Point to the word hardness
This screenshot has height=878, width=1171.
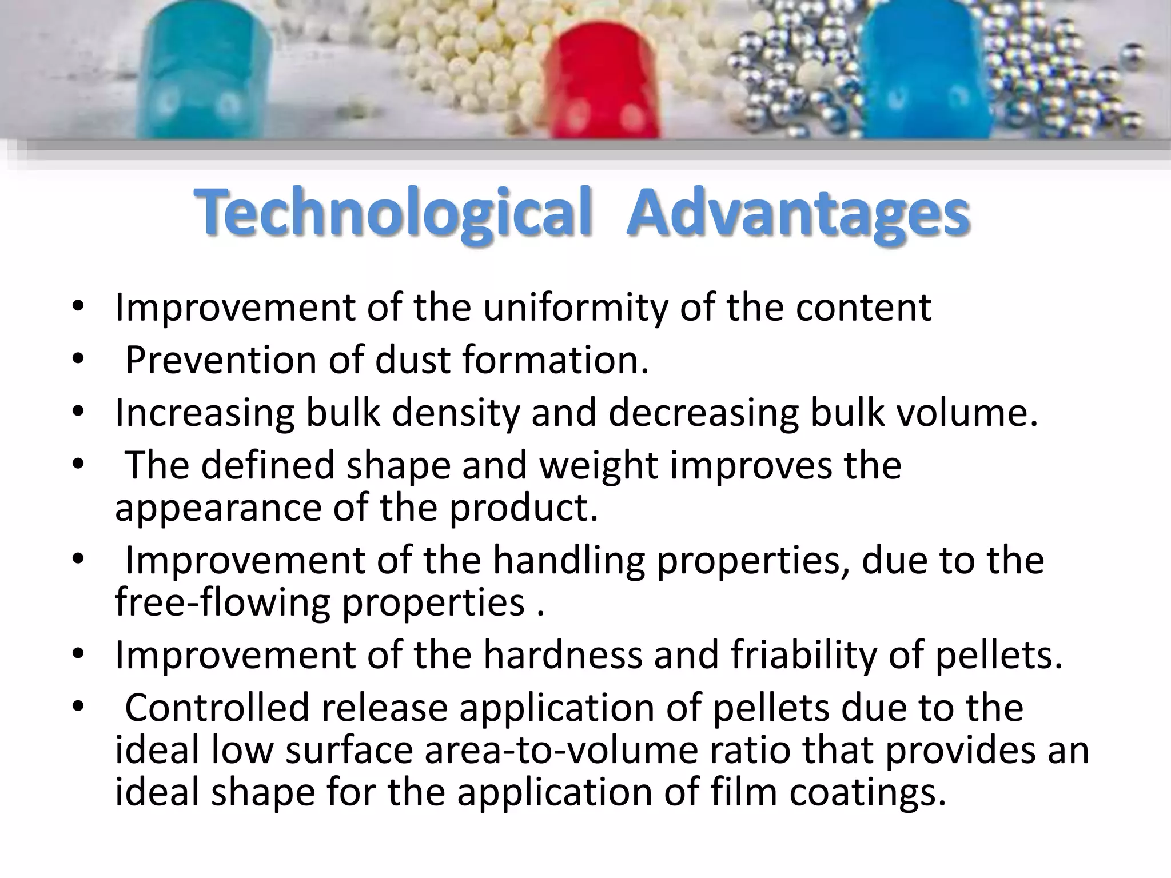[563, 655]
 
